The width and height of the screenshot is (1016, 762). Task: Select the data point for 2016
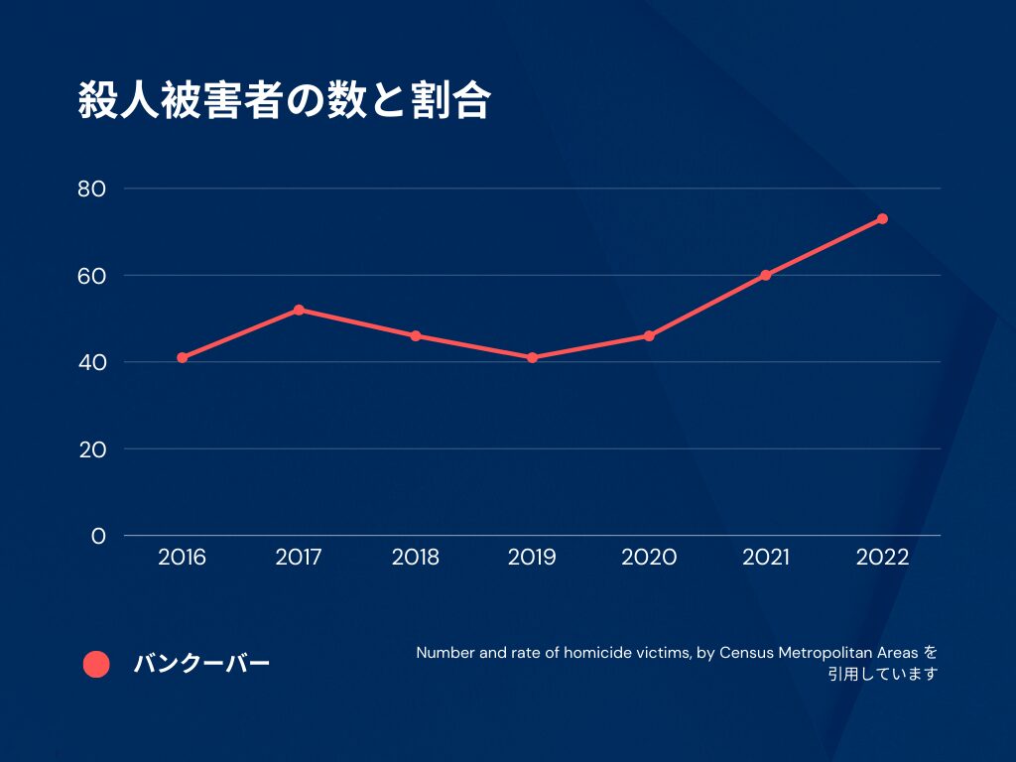(183, 357)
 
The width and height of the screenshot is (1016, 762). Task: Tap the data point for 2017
(299, 310)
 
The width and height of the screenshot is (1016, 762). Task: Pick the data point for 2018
(416, 335)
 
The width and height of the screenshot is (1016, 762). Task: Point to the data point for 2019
(532, 357)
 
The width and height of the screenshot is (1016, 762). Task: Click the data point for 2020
(649, 335)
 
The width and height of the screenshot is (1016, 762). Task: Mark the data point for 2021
(765, 275)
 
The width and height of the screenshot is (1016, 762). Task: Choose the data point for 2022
(882, 218)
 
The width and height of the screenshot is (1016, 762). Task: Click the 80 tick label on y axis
(91, 189)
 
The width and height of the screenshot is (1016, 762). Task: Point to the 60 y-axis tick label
(91, 275)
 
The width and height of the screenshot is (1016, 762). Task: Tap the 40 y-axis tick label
(91, 362)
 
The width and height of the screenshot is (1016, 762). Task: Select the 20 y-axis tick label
(91, 448)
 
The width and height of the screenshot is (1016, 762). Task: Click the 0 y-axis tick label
(98, 536)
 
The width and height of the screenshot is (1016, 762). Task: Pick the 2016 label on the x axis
(183, 558)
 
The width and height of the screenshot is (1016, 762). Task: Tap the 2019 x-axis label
(532, 558)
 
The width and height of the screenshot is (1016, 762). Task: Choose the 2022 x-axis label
(882, 558)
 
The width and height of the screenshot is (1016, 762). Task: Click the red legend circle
(96, 665)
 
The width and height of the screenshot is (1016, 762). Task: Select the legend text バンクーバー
(201, 665)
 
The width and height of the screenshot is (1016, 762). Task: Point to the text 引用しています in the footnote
(883, 675)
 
